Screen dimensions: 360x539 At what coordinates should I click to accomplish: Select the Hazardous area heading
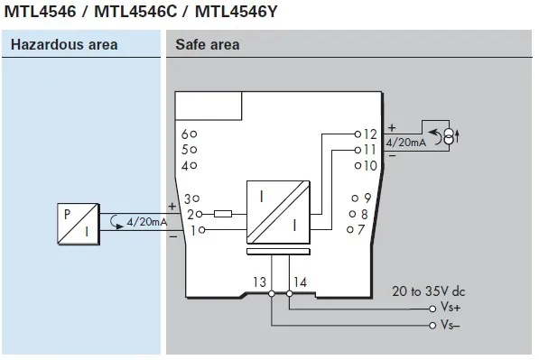coord(60,45)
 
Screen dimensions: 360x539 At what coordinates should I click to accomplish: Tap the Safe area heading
coord(208,45)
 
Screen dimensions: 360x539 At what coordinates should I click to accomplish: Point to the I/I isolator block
coord(279,213)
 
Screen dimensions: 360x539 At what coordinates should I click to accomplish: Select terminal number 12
coord(369,134)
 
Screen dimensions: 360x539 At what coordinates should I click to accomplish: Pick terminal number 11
coord(369,149)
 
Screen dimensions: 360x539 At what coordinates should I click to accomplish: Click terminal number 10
coord(369,165)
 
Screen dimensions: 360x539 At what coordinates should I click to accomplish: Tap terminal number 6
coord(187,134)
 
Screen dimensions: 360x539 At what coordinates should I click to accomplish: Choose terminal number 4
coord(187,166)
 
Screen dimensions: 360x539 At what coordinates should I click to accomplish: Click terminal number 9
coord(367,198)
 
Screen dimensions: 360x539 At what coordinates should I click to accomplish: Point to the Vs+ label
coord(451,309)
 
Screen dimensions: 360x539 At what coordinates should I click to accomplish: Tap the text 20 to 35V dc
coord(428,291)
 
